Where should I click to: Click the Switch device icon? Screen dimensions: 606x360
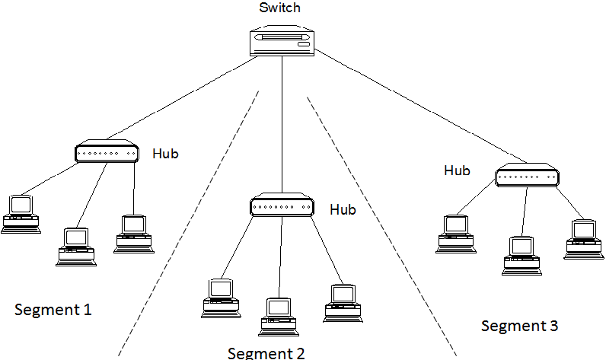[x=282, y=41]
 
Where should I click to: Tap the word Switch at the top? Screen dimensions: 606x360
[x=279, y=8]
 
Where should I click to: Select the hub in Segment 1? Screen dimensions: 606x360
[x=107, y=151]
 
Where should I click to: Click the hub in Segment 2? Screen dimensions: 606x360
[x=282, y=205]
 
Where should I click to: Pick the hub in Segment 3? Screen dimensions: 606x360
[x=527, y=175]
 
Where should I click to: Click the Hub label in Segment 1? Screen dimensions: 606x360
[x=165, y=154]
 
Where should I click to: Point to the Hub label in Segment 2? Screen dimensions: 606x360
[x=343, y=209]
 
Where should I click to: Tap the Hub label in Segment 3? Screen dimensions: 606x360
[x=457, y=170]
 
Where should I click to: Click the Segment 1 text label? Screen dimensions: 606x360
[x=53, y=310]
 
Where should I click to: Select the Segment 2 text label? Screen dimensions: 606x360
[x=266, y=353]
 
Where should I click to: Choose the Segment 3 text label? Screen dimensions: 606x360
[x=519, y=326]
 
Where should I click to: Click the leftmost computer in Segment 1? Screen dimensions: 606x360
[x=21, y=215]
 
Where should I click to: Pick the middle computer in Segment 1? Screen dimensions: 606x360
[x=76, y=247]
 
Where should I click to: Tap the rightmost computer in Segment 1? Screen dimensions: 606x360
[x=134, y=234]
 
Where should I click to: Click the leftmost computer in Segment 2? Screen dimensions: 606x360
[x=221, y=298]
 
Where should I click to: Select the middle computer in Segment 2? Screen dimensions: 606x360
[x=279, y=317]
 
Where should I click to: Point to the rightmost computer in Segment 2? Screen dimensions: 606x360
[x=343, y=304]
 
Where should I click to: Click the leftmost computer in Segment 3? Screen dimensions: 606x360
[x=456, y=234]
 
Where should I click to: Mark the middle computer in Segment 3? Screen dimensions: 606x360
[x=521, y=256]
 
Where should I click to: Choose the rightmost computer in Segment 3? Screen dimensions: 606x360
[x=584, y=240]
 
